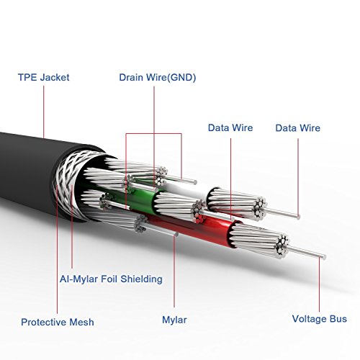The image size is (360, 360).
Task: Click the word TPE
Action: (27, 77)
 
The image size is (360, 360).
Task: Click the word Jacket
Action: (55, 77)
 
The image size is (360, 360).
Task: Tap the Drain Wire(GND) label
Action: (158, 78)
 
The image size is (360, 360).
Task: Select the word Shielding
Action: (141, 279)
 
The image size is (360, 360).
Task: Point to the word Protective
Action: (43, 322)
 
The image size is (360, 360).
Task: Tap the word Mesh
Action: (81, 322)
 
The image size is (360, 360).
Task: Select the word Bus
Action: (338, 319)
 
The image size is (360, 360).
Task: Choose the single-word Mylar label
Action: (174, 320)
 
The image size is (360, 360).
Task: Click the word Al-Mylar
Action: (78, 279)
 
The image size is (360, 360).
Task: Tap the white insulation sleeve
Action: (189, 189)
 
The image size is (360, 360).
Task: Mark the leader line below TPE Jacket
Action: (44, 112)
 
